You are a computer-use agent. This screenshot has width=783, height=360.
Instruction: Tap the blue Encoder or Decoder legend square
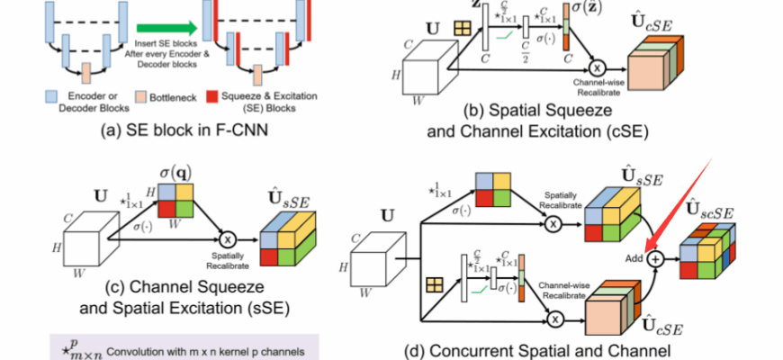pos(51,97)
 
